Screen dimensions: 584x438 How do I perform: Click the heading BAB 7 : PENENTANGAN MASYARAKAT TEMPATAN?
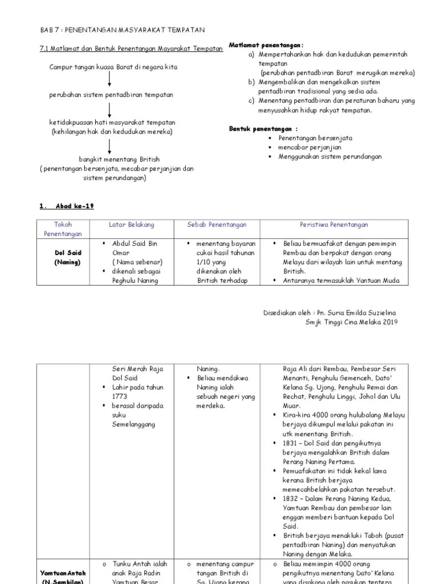[123, 29]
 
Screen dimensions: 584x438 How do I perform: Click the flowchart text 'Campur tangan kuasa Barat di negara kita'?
[113, 67]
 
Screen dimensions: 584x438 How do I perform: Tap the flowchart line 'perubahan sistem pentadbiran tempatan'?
[111, 95]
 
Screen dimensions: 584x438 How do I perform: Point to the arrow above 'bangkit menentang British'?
[109, 147]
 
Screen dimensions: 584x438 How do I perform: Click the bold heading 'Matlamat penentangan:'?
[266, 44]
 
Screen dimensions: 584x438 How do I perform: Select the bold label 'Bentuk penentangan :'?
[263, 129]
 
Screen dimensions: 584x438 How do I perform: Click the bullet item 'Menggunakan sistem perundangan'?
[330, 156]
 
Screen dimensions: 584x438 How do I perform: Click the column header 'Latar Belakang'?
[131, 225]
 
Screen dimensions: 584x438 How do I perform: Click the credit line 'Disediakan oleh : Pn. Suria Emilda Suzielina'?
[329, 313]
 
